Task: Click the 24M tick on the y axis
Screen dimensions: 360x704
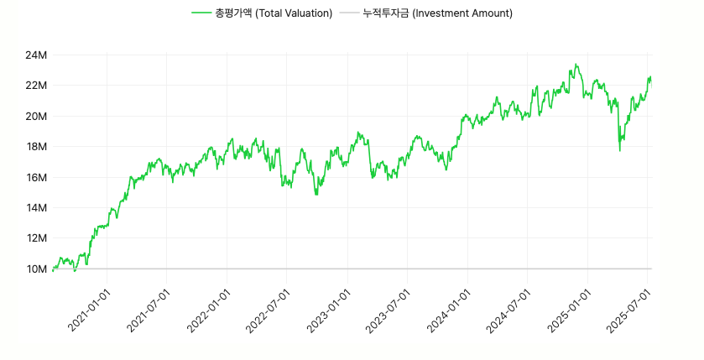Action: tap(36, 55)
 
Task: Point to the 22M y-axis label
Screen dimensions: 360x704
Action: tap(36, 86)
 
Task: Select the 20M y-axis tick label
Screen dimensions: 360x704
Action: tap(36, 116)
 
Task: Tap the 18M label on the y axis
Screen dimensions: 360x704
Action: tap(36, 147)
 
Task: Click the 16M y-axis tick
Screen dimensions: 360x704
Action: tap(36, 177)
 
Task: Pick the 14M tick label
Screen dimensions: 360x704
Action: tap(36, 207)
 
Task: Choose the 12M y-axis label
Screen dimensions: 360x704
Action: tap(36, 238)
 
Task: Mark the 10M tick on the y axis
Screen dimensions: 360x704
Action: tap(36, 269)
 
